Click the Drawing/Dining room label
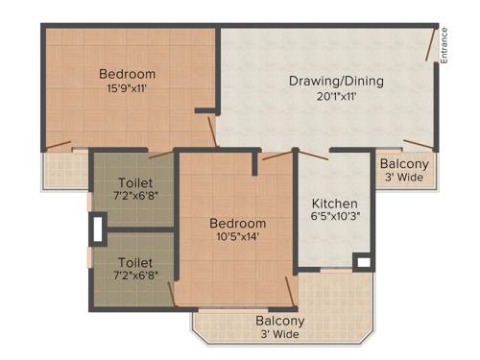pyautogui.click(x=335, y=81)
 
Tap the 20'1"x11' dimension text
pyautogui.click(x=335, y=96)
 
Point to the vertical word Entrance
pyautogui.click(x=444, y=45)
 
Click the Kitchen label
pyautogui.click(x=335, y=204)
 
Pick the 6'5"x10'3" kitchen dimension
pyautogui.click(x=335, y=217)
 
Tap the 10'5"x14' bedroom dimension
pyautogui.click(x=237, y=238)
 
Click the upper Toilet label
pyautogui.click(x=134, y=183)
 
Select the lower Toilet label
pyautogui.click(x=134, y=261)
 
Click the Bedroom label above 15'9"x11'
pyautogui.click(x=127, y=74)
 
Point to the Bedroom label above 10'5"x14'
pyautogui.click(x=237, y=224)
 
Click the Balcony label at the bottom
pyautogui.click(x=279, y=321)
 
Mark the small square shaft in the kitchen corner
pyautogui.click(x=362, y=260)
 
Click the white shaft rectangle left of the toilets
pyautogui.click(x=97, y=228)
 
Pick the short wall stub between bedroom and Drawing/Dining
pyautogui.click(x=204, y=111)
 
